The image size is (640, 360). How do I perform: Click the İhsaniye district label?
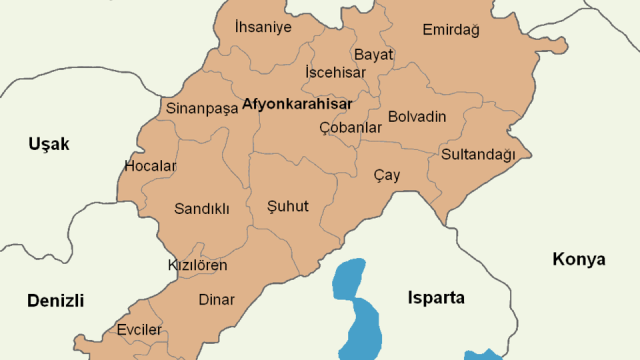pos(263,27)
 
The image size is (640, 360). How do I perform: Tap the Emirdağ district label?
pos(451,30)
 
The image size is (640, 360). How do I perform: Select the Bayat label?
pos(373,54)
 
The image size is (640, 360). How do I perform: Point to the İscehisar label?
pos(335,72)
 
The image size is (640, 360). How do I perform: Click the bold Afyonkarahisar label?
pos(297,104)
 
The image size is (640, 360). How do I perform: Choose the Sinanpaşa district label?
pos(202,109)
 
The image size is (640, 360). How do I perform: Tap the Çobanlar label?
pos(350,128)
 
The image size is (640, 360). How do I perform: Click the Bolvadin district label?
pos(417,117)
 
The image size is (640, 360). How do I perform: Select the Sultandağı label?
pos(478,154)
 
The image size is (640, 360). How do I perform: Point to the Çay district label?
pos(387,175)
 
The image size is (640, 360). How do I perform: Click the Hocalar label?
pos(150,166)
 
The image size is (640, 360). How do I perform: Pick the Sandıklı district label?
pos(201,208)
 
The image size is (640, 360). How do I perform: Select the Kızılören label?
pos(197,265)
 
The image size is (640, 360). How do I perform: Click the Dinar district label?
pos(216,299)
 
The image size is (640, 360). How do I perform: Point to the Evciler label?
pos(139,330)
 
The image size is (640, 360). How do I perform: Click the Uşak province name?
pos(49,144)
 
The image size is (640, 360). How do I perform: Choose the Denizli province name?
pos(55,301)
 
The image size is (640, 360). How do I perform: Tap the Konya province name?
pos(579,259)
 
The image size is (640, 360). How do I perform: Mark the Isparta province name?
pos(436,298)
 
